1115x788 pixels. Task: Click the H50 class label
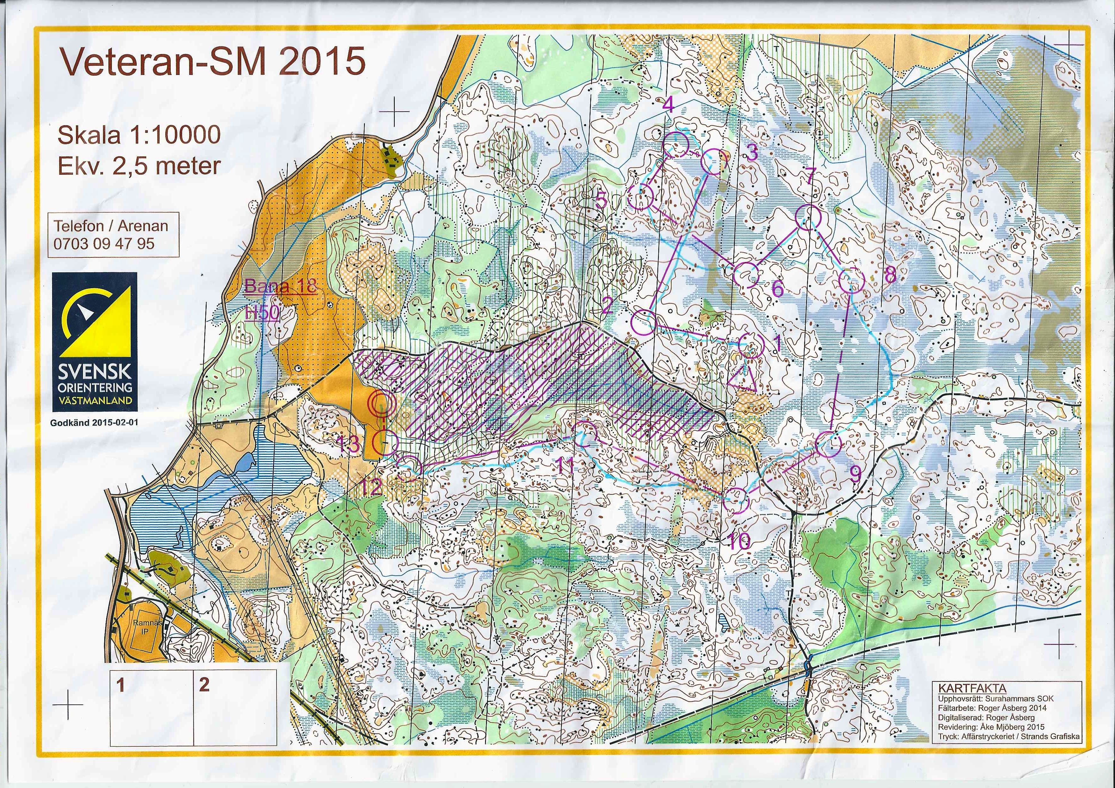coord(262,313)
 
